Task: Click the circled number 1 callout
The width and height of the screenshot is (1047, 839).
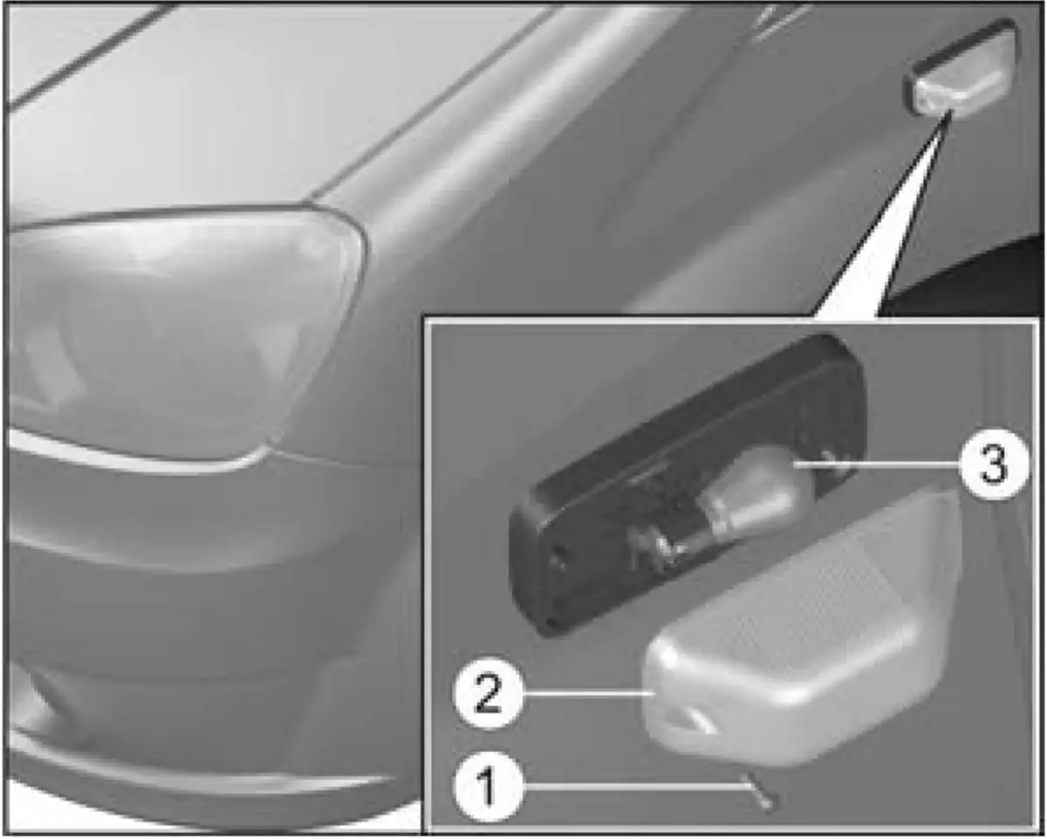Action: [x=488, y=787]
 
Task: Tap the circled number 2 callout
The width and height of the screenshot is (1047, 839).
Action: [x=488, y=693]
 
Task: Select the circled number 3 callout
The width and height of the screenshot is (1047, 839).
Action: [x=993, y=464]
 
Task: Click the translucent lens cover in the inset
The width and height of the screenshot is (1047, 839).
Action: [x=803, y=628]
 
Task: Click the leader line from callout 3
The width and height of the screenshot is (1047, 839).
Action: [x=876, y=464]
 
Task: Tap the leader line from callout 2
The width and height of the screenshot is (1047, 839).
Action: [x=588, y=693]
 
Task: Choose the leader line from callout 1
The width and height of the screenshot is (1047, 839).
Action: [x=633, y=787]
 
